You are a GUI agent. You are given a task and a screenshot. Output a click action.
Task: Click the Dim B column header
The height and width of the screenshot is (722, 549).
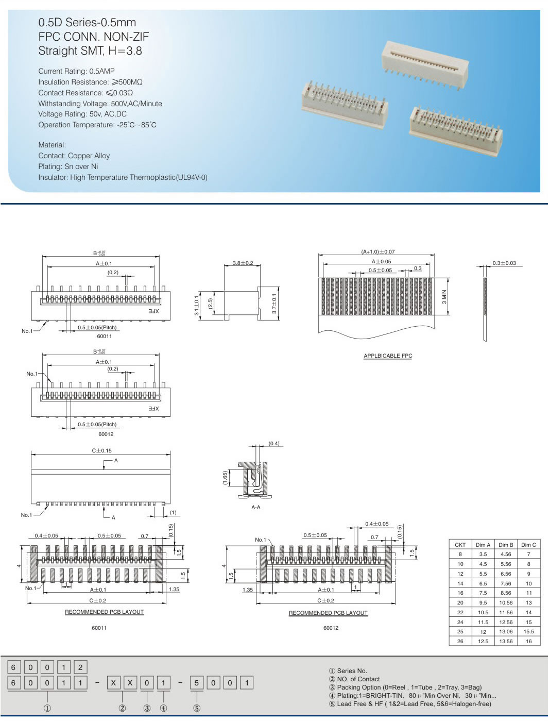pyautogui.click(x=505, y=544)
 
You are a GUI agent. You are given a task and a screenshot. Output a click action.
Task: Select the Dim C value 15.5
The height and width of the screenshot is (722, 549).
pyautogui.click(x=528, y=631)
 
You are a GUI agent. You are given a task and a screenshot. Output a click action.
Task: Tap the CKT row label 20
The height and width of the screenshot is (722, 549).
pyautogui.click(x=460, y=602)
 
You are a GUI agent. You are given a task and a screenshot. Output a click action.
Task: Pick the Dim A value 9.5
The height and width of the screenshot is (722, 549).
pyautogui.click(x=483, y=602)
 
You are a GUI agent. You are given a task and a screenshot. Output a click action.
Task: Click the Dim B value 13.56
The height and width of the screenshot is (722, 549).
pyautogui.click(x=505, y=641)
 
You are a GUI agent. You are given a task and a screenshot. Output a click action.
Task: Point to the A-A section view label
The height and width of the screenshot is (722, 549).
pyautogui.click(x=255, y=507)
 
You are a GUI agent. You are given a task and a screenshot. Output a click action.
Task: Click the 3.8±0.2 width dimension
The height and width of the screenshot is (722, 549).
pyautogui.click(x=243, y=263)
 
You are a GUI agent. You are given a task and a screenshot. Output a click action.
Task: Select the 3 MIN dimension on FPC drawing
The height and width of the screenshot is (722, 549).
pyautogui.click(x=444, y=296)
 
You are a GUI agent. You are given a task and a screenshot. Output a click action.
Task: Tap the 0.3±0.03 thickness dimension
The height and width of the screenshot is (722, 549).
pyautogui.click(x=504, y=263)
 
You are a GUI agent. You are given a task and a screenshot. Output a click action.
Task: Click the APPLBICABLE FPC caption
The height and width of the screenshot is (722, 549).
pyautogui.click(x=388, y=356)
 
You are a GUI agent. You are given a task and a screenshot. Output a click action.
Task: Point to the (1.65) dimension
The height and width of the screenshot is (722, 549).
pyautogui.click(x=225, y=478)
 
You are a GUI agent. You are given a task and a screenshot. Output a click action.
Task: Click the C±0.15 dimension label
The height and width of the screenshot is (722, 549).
pyautogui.click(x=101, y=450)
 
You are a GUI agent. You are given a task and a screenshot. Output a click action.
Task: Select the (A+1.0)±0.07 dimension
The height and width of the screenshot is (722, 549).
pyautogui.click(x=378, y=251)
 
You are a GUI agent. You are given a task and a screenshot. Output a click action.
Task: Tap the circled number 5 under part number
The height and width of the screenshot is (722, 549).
pyautogui.click(x=196, y=708)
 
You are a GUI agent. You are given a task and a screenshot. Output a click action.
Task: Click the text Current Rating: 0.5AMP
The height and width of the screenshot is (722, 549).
pyautogui.click(x=76, y=71)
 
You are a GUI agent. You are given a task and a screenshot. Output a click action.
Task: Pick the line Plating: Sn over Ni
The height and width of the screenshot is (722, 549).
pyautogui.click(x=68, y=166)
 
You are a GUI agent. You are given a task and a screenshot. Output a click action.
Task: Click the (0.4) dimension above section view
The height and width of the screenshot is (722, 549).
pyautogui.click(x=274, y=443)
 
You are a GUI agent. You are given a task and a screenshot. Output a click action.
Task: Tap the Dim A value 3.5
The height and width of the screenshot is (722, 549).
pyautogui.click(x=483, y=554)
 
